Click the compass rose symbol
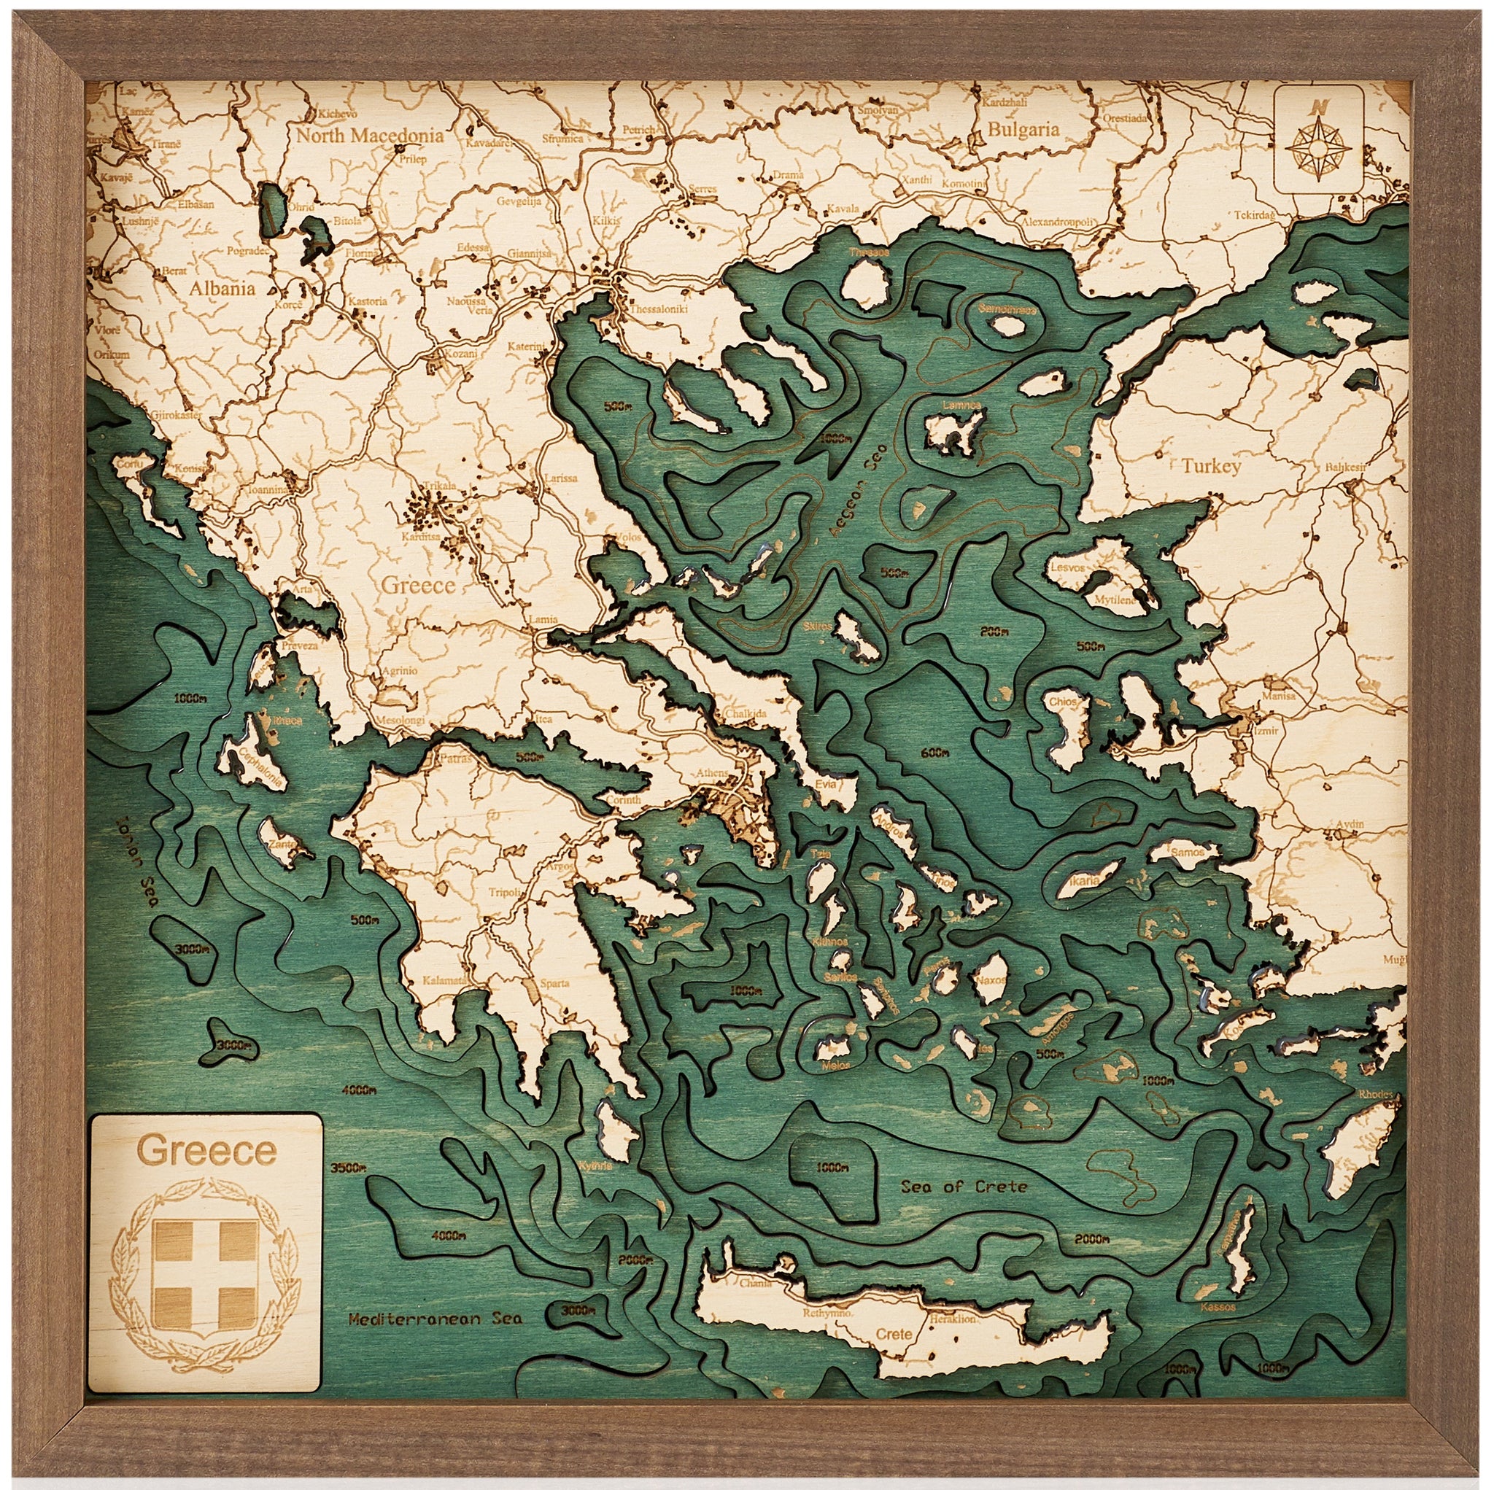[1318, 151]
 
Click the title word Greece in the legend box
[206, 1151]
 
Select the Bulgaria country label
[1022, 130]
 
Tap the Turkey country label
[1210, 466]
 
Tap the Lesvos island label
[1067, 567]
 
